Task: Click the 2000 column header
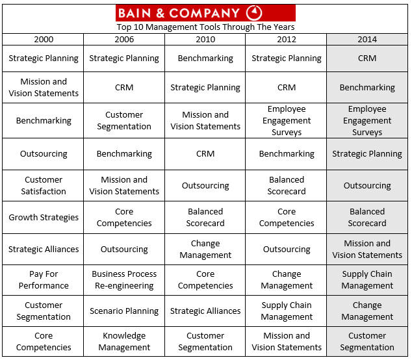pos(44,39)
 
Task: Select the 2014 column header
pos(367,39)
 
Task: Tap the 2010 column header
pos(205,39)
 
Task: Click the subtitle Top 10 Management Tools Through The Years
pos(205,27)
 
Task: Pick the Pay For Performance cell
pos(44,280)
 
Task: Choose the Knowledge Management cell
pos(124,342)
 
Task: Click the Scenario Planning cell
pos(124,311)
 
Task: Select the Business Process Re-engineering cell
pos(124,280)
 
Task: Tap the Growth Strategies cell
pos(44,218)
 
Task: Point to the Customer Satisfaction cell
pos(44,186)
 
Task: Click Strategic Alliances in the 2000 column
pos(44,249)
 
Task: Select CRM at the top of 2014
pos(367,58)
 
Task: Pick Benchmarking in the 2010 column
pos(205,58)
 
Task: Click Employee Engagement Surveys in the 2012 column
pos(287,121)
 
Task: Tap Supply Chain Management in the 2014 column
pos(367,280)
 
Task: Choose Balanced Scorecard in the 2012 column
pos(287,186)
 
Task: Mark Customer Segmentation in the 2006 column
pos(124,121)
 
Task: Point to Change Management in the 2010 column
pos(205,249)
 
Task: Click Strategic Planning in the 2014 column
pos(367,154)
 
